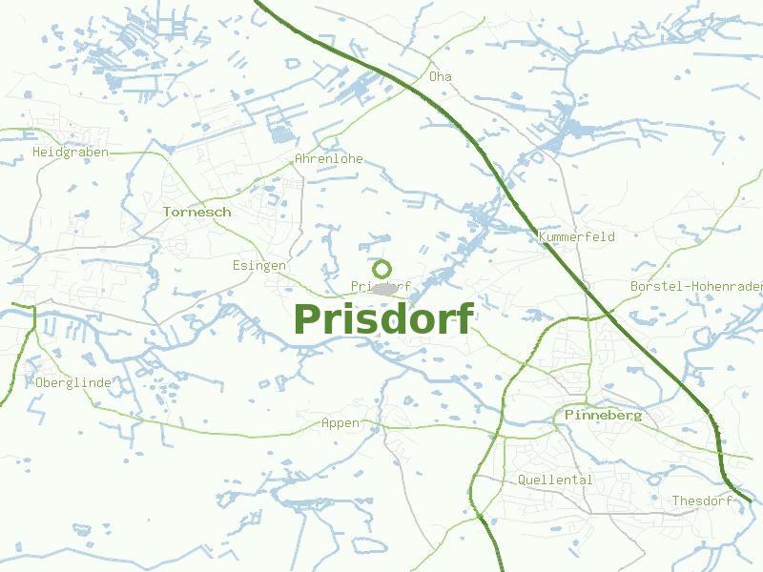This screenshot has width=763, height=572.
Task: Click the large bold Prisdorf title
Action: click(x=383, y=318)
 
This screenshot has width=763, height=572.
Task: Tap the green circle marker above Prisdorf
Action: click(x=382, y=269)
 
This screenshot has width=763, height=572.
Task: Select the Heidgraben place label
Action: click(x=71, y=153)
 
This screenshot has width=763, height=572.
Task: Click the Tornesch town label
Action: click(x=196, y=212)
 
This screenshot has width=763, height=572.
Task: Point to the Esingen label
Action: click(x=258, y=266)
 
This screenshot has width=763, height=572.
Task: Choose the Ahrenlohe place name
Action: click(x=329, y=159)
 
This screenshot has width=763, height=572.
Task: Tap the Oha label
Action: click(x=441, y=76)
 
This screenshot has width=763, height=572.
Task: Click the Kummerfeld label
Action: click(x=577, y=236)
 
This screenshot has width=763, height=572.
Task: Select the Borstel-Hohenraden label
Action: click(x=696, y=286)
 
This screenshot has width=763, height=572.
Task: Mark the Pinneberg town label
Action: click(x=604, y=416)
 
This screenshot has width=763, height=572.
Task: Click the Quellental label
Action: click(x=555, y=480)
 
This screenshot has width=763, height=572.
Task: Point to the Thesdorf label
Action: click(x=702, y=501)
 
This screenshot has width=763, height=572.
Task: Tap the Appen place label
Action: click(x=340, y=423)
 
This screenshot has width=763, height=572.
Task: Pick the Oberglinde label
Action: click(x=73, y=383)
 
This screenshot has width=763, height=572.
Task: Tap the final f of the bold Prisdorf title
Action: click(x=464, y=318)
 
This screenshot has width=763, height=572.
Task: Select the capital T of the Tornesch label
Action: click(x=167, y=212)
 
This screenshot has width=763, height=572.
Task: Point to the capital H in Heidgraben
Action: click(x=36, y=153)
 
